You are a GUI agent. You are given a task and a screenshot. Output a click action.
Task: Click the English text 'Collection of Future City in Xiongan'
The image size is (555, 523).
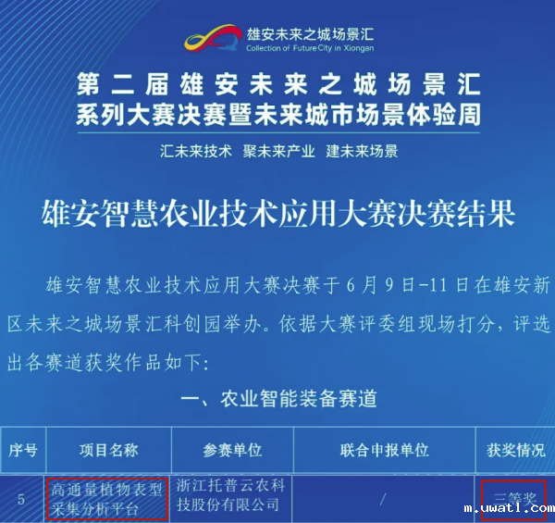pos(310,48)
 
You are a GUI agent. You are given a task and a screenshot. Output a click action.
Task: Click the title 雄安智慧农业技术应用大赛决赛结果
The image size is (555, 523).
pos(277,215)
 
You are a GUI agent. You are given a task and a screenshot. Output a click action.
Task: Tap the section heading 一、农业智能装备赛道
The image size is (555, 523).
pos(278,399)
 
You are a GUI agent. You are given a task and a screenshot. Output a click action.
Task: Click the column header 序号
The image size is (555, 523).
pos(22,450)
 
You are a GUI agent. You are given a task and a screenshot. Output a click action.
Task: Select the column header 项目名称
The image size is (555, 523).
pos(107,450)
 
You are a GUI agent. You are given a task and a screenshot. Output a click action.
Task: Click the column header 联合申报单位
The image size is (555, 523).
pos(384,450)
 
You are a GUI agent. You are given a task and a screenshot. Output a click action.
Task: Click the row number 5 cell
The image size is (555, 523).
pos(21,499)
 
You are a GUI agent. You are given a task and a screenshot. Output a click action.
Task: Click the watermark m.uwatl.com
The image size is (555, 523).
pos(509,508)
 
